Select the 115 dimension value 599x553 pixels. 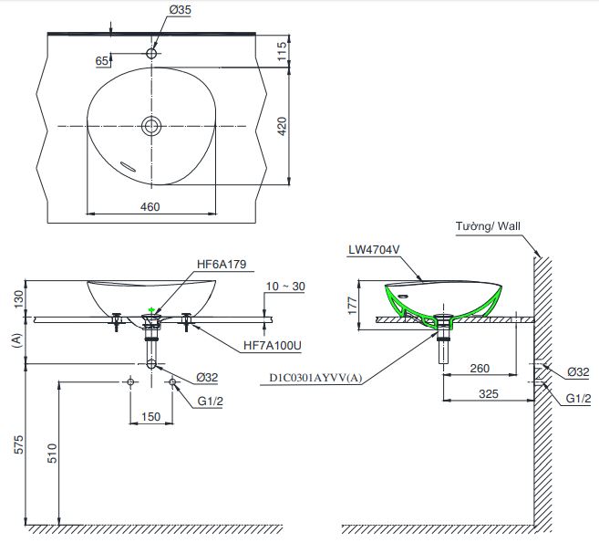point(282,51)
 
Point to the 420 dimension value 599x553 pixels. point(282,126)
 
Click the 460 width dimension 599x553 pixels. point(150,206)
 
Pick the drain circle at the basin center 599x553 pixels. point(151,125)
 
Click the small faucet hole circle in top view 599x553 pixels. point(151,53)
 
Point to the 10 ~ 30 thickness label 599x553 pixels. point(286,287)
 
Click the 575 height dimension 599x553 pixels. point(15,444)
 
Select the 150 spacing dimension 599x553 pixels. point(151,417)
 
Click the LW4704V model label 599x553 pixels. point(373,248)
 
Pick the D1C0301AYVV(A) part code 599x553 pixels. point(315,377)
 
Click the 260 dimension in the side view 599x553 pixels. point(480,369)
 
